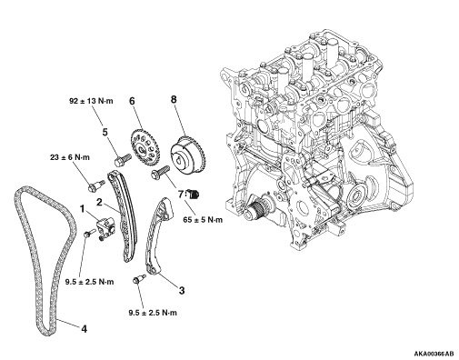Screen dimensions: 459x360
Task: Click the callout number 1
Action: tap(82, 209)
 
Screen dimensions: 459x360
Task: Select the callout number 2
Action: tap(99, 203)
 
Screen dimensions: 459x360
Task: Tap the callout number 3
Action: tap(182, 291)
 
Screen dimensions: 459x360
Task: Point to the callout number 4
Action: tap(85, 329)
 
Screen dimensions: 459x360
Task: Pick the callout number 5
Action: tap(105, 132)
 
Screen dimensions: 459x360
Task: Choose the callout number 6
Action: tap(132, 101)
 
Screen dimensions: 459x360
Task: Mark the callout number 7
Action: tap(181, 194)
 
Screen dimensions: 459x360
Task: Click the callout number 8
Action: tap(174, 99)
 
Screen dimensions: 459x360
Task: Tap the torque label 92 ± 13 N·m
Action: tap(91, 101)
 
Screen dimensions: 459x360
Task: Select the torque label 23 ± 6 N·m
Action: tap(70, 157)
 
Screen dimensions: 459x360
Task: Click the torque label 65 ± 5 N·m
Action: tap(203, 220)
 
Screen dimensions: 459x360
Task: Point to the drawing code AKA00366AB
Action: tap(434, 354)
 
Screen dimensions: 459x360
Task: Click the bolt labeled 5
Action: tap(123, 160)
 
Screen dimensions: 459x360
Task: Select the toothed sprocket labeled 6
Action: tap(145, 146)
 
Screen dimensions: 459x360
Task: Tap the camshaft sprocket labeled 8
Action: tap(188, 155)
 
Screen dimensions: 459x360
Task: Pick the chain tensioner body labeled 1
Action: tap(105, 225)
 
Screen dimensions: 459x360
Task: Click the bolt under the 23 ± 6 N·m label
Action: tap(96, 185)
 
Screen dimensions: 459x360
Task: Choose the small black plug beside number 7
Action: tap(193, 194)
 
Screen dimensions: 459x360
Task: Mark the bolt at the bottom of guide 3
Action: tap(139, 279)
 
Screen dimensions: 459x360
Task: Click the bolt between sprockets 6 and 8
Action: tap(159, 172)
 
